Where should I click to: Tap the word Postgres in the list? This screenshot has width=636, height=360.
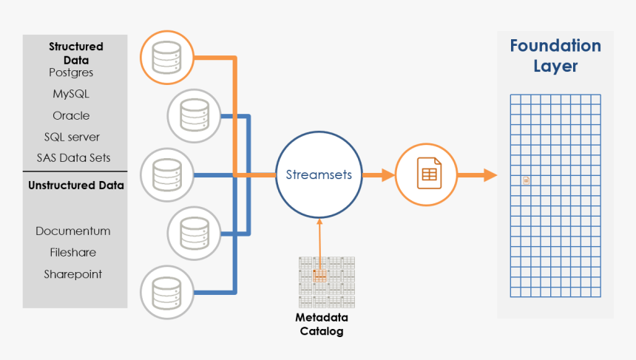(71, 72)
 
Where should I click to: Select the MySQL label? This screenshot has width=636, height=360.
(71, 94)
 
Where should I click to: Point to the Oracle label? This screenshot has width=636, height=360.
(71, 115)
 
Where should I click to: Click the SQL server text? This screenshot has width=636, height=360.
(72, 137)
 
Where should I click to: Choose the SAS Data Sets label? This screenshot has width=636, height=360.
(73, 157)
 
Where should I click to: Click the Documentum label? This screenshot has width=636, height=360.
(73, 231)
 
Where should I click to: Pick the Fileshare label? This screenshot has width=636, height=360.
(73, 252)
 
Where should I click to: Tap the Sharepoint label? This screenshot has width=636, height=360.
(72, 274)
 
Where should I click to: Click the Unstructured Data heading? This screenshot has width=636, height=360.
(76, 186)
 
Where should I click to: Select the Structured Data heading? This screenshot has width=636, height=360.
(76, 53)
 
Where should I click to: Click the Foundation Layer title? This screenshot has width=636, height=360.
(555, 55)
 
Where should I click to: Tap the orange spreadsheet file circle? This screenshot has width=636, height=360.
(426, 175)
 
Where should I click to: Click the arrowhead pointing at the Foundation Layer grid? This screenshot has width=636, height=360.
(490, 175)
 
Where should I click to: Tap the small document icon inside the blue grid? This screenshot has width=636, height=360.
(526, 180)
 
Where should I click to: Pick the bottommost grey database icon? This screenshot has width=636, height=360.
(167, 293)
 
